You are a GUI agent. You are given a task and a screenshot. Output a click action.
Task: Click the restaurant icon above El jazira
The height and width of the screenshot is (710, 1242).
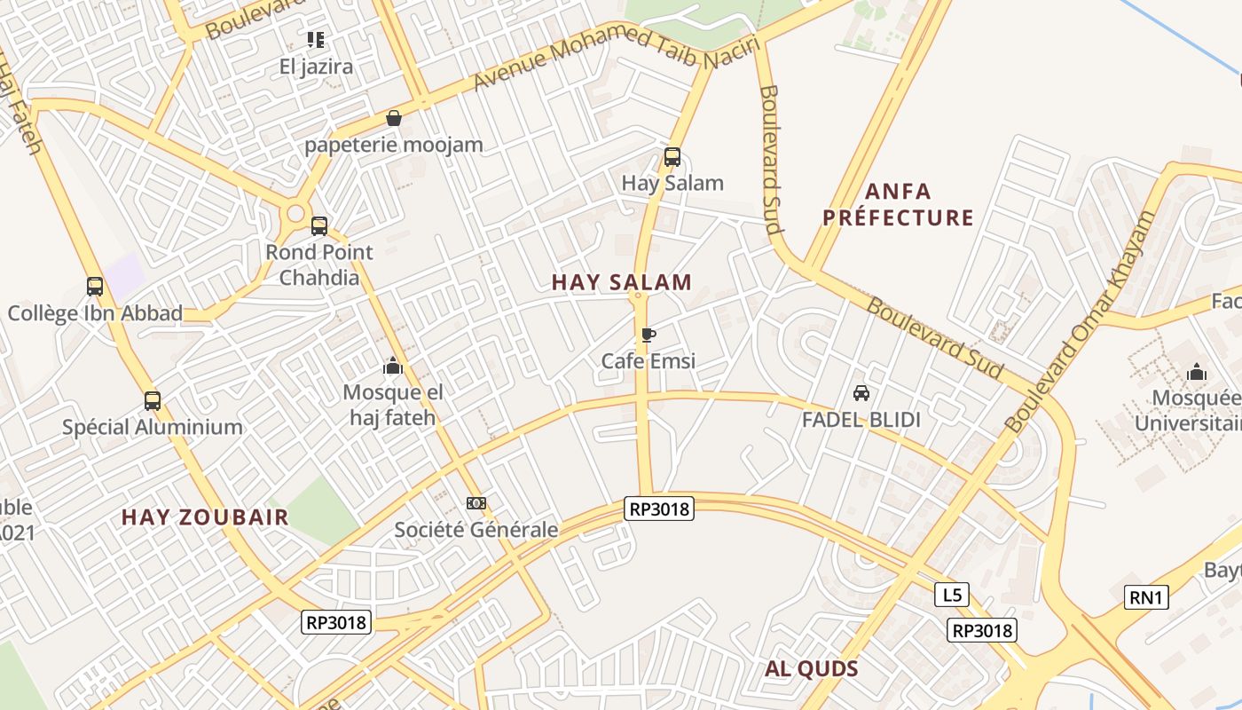(316, 40)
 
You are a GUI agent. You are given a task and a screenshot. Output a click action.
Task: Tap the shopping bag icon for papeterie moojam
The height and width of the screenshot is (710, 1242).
(394, 118)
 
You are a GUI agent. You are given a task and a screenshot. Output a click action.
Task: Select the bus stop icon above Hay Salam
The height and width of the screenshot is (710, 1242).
(672, 157)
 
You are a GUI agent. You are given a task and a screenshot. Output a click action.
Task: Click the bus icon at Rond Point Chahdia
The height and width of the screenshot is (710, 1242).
(319, 225)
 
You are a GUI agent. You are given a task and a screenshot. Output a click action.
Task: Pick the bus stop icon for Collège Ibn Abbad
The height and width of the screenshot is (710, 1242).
(95, 287)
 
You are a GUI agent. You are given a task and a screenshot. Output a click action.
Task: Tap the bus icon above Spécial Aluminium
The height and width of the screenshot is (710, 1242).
(153, 400)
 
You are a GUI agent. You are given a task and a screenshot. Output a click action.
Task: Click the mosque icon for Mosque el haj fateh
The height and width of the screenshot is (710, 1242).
(392, 366)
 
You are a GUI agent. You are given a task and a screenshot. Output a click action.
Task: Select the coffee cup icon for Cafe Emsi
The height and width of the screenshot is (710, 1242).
(649, 335)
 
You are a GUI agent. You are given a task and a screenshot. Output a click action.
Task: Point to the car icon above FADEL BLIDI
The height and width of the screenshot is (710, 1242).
(861, 393)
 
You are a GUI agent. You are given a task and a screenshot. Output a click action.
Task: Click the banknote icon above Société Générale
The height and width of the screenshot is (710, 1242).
(476, 503)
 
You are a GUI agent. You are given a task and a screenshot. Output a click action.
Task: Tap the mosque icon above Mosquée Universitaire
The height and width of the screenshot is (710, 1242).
(1197, 371)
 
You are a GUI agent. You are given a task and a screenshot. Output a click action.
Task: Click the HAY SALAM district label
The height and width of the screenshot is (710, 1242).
(621, 283)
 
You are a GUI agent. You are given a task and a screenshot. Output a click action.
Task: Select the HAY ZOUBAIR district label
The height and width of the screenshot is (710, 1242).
(205, 517)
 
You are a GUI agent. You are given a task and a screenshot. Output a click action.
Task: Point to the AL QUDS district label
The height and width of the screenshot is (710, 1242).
(812, 669)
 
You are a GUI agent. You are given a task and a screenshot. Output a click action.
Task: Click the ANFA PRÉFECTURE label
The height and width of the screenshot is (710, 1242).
(898, 204)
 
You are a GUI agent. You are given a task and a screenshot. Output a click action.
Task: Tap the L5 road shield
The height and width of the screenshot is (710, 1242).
(952, 595)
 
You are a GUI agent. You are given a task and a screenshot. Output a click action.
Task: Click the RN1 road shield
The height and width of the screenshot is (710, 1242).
(1146, 597)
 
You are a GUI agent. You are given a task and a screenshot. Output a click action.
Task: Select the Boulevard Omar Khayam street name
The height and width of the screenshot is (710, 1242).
(1081, 321)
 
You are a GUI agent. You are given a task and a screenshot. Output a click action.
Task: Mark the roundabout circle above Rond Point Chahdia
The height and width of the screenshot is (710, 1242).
(295, 214)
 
